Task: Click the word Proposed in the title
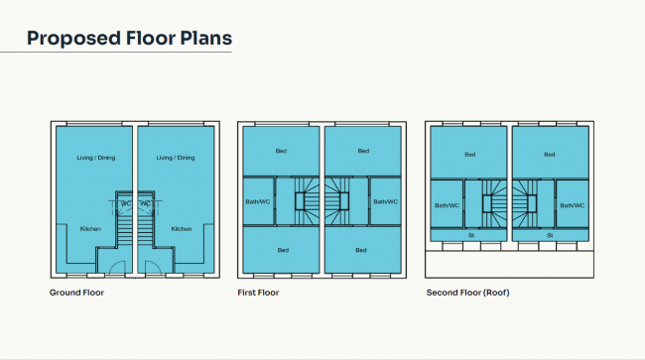coord(73,39)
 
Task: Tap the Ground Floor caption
coord(76,293)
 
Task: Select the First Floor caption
coord(258,293)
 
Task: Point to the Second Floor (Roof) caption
coord(467,293)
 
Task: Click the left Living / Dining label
coord(96,158)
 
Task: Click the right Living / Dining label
coord(176,158)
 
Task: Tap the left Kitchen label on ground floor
coord(90,229)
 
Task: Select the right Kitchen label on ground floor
coord(182,229)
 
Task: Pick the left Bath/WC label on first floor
coord(258,201)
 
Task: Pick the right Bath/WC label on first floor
coord(386,201)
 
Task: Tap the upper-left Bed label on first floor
coord(281,151)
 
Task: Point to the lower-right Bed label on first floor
coord(361,250)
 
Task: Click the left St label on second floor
coord(471,235)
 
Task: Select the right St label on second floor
coord(550,235)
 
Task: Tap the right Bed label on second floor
coord(550,155)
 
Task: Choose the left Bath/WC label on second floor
coord(448,205)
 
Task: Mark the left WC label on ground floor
coord(126,203)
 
